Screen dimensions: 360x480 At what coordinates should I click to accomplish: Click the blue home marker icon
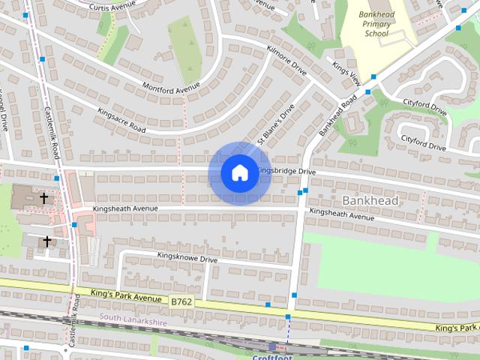[238, 172]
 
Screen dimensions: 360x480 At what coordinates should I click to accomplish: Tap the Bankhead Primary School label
[376, 22]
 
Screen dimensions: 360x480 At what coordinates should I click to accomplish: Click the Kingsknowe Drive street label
[187, 258]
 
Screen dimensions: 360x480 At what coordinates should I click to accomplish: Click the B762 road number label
[181, 301]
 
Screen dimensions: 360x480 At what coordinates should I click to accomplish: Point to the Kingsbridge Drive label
[287, 171]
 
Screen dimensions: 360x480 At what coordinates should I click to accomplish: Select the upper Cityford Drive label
[424, 106]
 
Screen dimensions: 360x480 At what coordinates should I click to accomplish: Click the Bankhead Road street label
[337, 116]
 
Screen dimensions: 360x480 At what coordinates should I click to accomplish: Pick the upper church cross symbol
[44, 198]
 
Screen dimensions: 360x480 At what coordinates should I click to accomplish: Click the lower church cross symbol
[47, 241]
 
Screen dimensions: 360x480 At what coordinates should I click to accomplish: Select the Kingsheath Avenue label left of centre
[125, 208]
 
